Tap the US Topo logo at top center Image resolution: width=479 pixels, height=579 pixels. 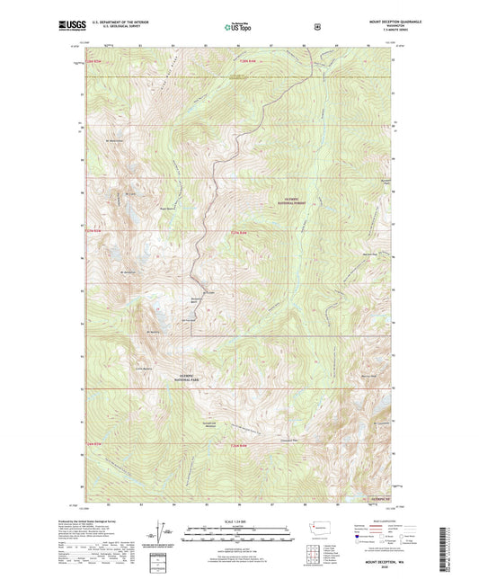tap(239, 27)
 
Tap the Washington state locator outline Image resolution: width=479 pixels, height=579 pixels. tap(320, 532)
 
